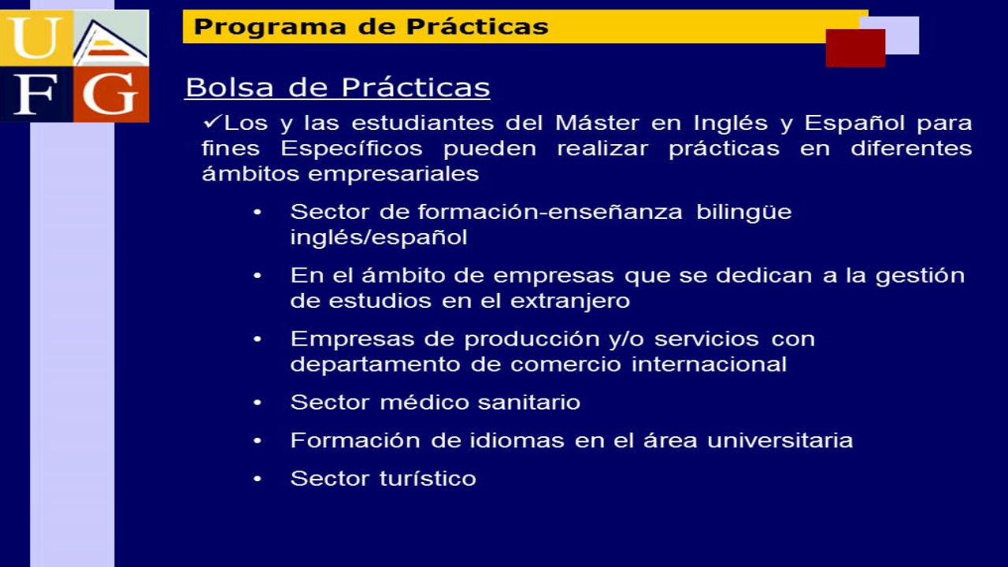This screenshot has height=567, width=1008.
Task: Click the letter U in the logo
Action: tap(37, 38)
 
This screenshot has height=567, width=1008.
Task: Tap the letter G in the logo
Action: tap(110, 94)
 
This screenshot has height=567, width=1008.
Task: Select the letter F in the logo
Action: tap(36, 94)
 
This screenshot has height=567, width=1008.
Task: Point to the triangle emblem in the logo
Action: tap(111, 43)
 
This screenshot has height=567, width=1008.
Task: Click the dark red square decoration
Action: tap(855, 48)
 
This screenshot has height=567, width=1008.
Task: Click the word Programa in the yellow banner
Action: tap(269, 28)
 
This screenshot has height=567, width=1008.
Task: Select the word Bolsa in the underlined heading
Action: tap(229, 87)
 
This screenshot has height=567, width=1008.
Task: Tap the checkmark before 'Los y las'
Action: tap(212, 121)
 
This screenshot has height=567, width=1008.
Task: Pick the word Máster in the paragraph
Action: tap(597, 123)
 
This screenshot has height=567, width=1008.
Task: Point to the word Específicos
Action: tap(351, 149)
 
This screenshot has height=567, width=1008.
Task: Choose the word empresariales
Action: tap(393, 174)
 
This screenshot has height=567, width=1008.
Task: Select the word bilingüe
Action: tap(744, 213)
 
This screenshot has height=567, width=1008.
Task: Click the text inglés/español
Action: tap(379, 237)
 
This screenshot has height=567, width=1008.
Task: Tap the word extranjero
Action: tap(570, 301)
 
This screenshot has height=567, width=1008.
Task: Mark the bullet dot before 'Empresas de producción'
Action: tap(258, 339)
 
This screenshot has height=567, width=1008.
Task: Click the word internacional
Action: tap(709, 364)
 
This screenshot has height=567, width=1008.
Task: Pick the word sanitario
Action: tap(528, 402)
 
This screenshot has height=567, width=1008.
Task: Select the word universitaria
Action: tap(780, 440)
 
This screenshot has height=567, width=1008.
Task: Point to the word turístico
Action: tap(428, 478)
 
